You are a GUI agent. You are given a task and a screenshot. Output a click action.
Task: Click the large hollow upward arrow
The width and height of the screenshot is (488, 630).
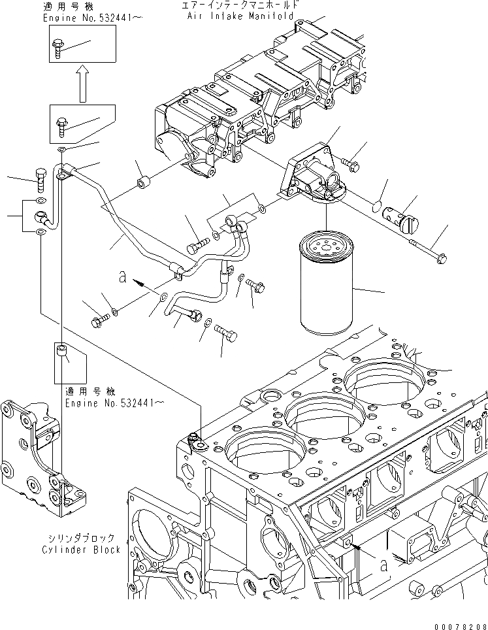(82, 82)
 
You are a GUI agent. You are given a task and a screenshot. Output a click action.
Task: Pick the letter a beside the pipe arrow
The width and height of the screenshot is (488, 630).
(122, 277)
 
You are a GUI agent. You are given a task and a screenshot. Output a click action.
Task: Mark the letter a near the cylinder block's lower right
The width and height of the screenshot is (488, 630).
(384, 565)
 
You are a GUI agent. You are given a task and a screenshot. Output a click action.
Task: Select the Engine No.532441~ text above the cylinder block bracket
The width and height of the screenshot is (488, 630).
(110, 403)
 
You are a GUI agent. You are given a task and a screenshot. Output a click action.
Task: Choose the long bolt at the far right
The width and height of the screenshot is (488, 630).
(428, 251)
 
